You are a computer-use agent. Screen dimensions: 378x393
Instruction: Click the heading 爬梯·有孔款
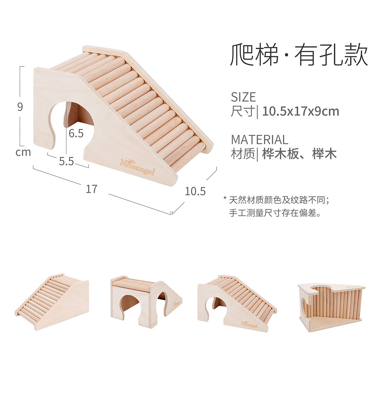click(299, 56)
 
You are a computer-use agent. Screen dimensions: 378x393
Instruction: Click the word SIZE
click(243, 97)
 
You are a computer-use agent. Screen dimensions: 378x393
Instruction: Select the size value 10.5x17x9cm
click(301, 111)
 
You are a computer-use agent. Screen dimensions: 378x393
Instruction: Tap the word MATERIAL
click(259, 140)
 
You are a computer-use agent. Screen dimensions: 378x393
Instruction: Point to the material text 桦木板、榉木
click(299, 154)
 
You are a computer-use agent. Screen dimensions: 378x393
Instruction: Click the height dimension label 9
click(20, 107)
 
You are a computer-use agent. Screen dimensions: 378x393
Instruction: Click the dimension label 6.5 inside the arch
click(76, 133)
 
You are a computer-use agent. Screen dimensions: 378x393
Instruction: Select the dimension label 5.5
click(66, 161)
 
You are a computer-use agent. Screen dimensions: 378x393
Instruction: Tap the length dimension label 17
click(91, 189)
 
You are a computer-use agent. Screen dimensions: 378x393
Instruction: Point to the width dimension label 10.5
click(195, 191)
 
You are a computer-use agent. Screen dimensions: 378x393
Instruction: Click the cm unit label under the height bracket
click(23, 153)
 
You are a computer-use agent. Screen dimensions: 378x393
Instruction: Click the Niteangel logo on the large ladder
click(137, 167)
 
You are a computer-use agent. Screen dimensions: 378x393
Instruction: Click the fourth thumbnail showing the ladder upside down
click(331, 306)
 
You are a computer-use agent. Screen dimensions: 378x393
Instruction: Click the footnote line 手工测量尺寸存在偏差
click(275, 213)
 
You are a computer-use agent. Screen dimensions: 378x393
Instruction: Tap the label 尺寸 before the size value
click(242, 111)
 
